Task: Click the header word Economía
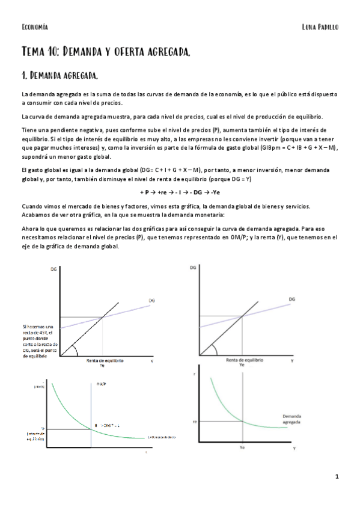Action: click(x=34, y=27)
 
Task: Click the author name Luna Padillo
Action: click(x=321, y=27)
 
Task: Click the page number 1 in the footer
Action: click(x=337, y=476)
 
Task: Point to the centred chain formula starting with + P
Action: click(x=179, y=192)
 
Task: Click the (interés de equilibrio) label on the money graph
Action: click(x=37, y=437)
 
